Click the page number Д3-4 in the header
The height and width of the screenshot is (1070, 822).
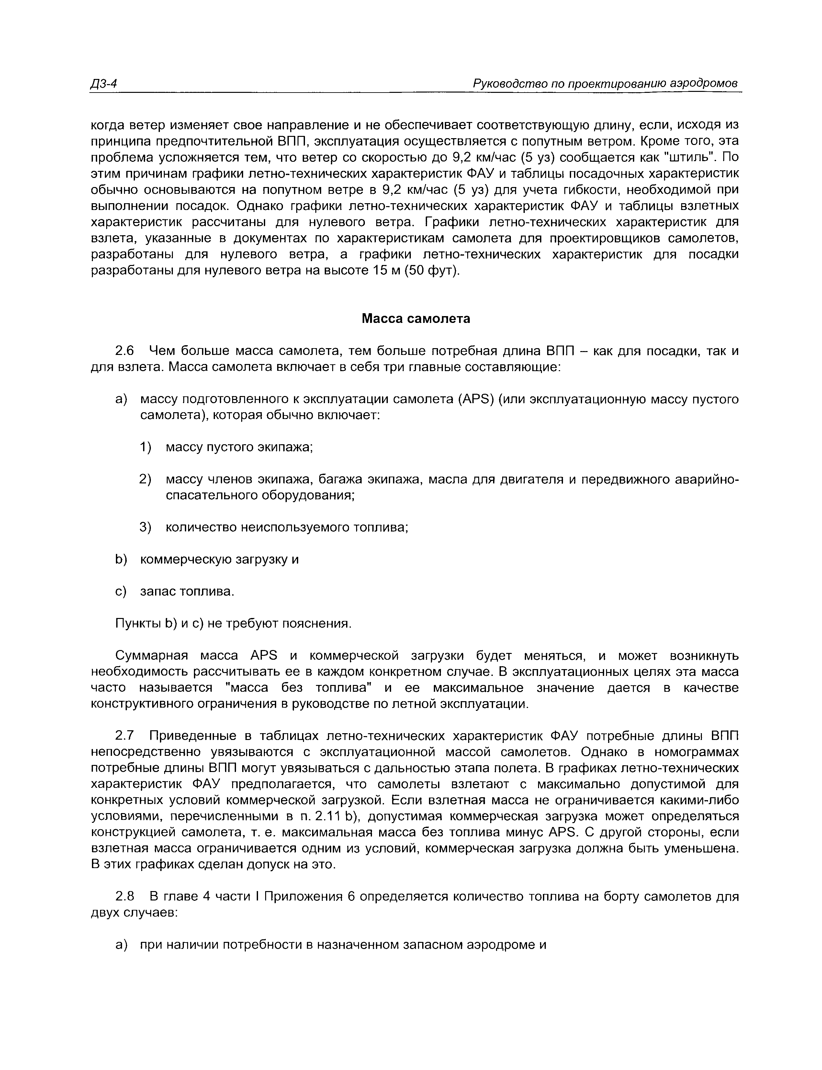(104, 84)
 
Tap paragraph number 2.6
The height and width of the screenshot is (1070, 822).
(124, 351)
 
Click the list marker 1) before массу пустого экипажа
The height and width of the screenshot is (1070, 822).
(146, 447)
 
